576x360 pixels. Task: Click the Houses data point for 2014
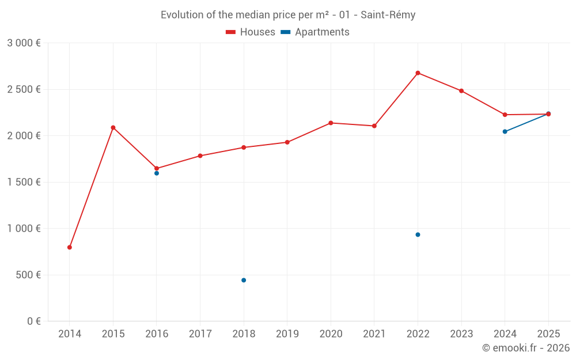tap(70, 247)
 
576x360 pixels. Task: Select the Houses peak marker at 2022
tap(418, 73)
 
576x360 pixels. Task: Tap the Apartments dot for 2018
tap(244, 280)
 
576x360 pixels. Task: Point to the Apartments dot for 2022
tap(418, 234)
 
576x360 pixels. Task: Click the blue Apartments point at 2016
tap(157, 173)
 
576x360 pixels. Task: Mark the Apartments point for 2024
tap(505, 131)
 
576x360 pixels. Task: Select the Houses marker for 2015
tap(113, 127)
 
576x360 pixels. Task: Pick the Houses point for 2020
tap(331, 123)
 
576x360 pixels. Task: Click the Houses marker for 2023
tap(461, 91)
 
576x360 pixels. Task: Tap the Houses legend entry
tap(251, 32)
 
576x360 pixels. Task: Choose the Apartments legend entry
tap(315, 32)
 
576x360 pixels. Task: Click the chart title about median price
tap(288, 15)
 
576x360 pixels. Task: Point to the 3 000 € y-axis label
tap(24, 43)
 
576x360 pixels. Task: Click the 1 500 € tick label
tap(24, 182)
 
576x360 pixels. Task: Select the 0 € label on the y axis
tap(32, 321)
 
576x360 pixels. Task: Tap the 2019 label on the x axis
tap(287, 334)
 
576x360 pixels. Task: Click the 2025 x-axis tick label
tap(548, 334)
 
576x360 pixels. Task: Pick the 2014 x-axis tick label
tap(70, 334)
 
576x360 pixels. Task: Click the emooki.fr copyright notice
tap(525, 348)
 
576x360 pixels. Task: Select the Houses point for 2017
tap(200, 156)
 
